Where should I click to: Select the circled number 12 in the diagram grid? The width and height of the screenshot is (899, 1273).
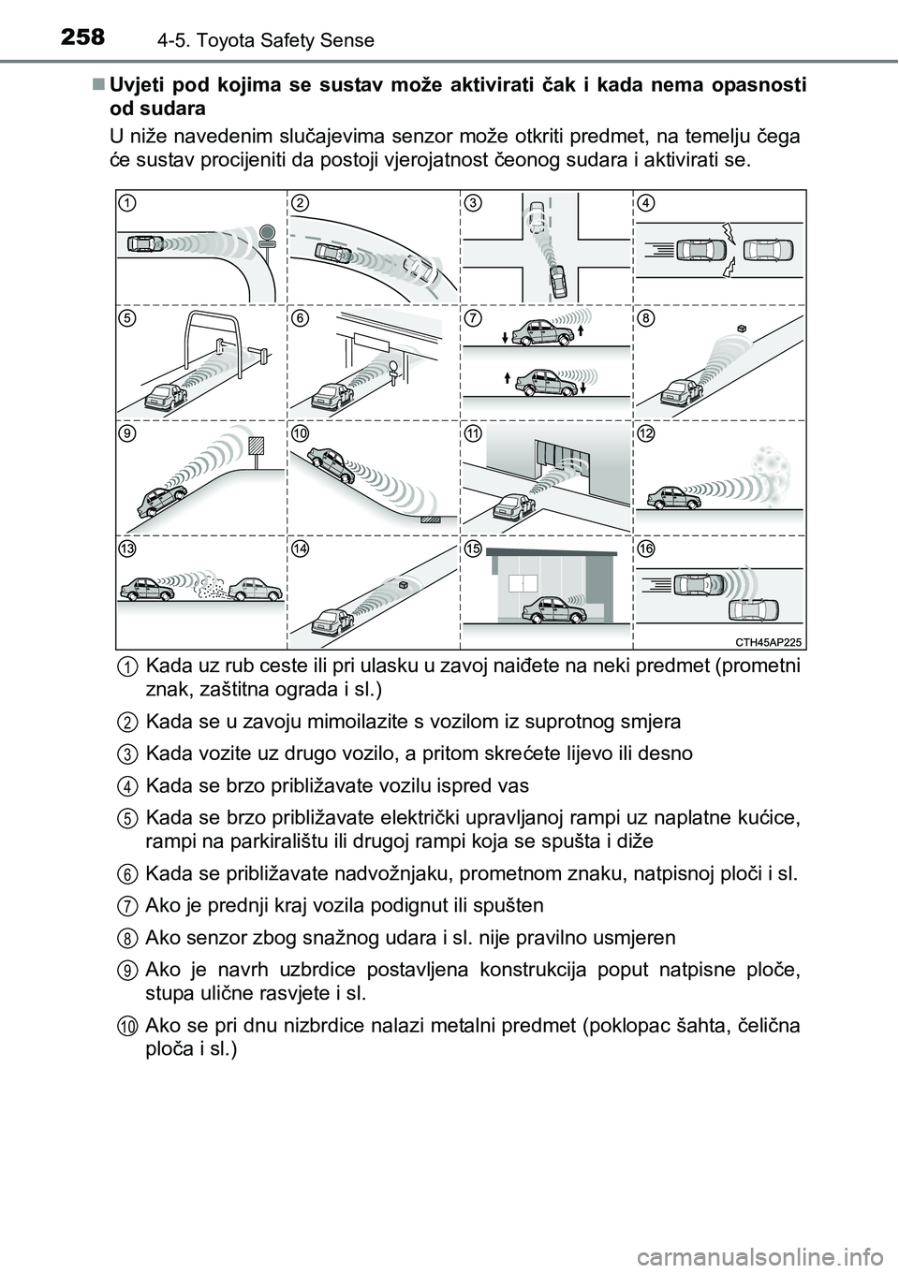tap(645, 434)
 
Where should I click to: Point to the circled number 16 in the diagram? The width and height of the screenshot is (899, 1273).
tap(645, 549)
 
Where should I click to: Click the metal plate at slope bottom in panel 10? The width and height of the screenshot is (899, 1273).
tap(431, 517)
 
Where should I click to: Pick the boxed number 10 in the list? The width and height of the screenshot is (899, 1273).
tap(126, 1027)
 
